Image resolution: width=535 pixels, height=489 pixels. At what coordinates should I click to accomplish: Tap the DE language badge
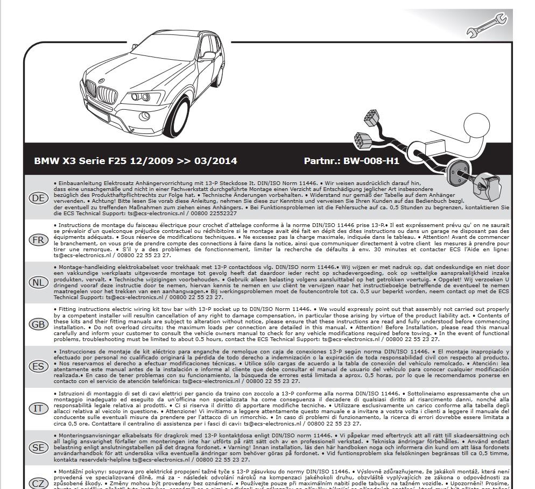38,198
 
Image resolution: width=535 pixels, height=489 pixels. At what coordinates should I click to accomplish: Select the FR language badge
38,240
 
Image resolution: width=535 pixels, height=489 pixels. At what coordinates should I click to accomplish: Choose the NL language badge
38,282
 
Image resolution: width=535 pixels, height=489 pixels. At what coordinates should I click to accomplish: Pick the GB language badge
38,324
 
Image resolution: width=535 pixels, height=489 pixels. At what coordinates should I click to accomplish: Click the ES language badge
38,366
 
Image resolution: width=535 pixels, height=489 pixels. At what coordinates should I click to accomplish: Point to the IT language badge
38,408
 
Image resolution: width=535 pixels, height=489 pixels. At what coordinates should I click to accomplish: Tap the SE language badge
38,448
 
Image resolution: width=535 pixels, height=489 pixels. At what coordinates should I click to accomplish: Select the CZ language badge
38,483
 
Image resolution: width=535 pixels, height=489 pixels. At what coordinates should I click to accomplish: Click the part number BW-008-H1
371,161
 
